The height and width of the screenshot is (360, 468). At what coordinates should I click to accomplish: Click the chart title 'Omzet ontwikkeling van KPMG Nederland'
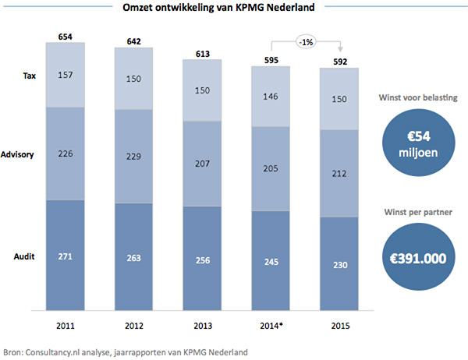[234, 9]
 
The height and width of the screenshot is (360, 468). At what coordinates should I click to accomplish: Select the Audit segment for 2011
[65, 254]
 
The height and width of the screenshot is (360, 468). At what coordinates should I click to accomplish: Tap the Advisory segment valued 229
[133, 156]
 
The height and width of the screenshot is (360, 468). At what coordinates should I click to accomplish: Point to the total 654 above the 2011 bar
[66, 37]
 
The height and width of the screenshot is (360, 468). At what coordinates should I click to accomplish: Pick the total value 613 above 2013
[202, 53]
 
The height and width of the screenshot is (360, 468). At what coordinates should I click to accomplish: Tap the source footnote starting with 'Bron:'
[126, 352]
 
